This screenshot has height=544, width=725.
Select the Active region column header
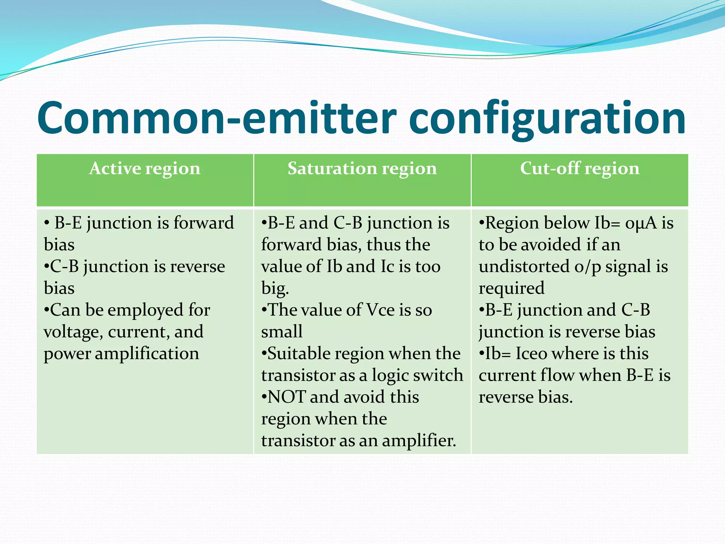point(145,169)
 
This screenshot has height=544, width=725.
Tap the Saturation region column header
point(362,169)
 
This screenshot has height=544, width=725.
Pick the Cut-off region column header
point(580,169)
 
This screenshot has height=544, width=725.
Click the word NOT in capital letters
point(286,397)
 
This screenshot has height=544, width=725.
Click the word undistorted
point(524,267)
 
